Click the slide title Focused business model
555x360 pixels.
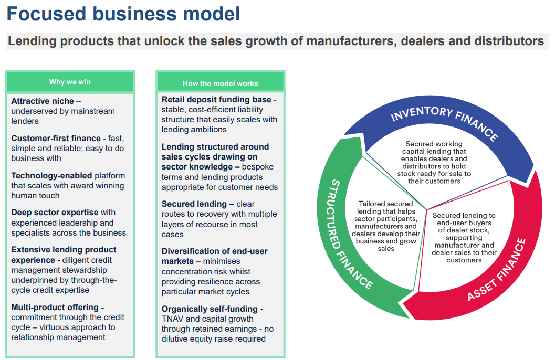pyautogui.click(x=123, y=14)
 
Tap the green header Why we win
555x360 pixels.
pyautogui.click(x=70, y=82)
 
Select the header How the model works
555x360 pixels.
pyautogui.click(x=220, y=83)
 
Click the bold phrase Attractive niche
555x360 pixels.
pyautogui.click(x=43, y=101)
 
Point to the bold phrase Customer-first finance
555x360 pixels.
pyautogui.click(x=56, y=138)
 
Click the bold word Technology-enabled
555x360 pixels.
pyautogui.click(x=51, y=176)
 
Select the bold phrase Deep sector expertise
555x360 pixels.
pyautogui.click(x=55, y=213)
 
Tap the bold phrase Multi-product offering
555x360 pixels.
pyautogui.click(x=55, y=308)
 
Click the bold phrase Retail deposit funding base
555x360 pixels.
pyautogui.click(x=216, y=100)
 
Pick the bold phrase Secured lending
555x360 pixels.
pyautogui.click(x=194, y=204)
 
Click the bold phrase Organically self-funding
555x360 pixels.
pyautogui.click(x=210, y=309)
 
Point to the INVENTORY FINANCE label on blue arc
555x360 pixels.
pyautogui.click(x=445, y=122)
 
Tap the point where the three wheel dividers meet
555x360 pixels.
pyautogui.click(x=427, y=210)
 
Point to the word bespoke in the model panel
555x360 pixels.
pyautogui.click(x=258, y=167)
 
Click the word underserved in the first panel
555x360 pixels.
pyautogui.click(x=34, y=111)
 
